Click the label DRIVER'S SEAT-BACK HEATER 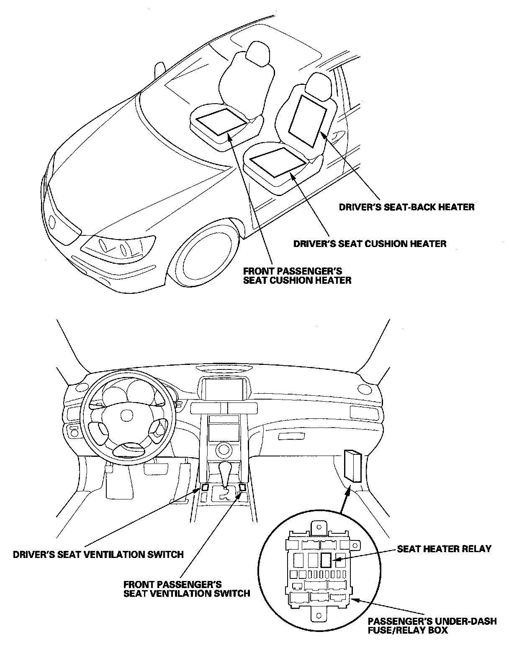pos(406,207)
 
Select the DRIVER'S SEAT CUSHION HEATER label pos(370,243)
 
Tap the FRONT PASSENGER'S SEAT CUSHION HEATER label pos(297,276)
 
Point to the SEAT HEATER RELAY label pos(444,549)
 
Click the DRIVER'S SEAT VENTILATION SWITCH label pos(98,555)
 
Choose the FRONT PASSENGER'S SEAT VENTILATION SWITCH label pos(187,588)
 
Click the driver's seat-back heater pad pos(310,120)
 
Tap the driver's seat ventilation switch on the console pos(205,487)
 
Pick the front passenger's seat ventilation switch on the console pos(243,487)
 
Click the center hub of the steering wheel pos(124,415)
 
